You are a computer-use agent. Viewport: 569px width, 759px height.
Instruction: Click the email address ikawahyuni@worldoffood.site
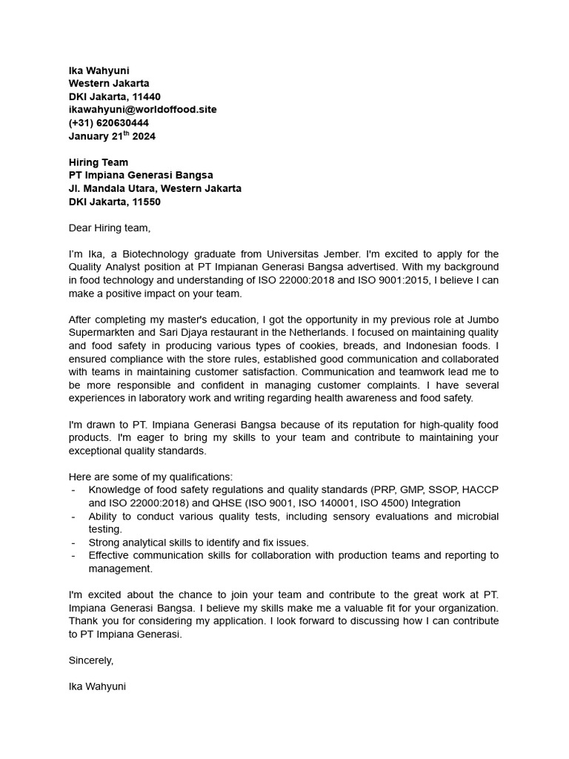[142, 110]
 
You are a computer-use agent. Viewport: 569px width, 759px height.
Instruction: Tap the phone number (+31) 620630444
[108, 123]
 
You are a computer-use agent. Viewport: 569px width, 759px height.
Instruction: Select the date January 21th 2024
[112, 136]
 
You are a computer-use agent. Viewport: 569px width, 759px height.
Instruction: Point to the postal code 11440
[146, 96]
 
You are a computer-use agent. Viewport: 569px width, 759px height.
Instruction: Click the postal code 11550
[146, 202]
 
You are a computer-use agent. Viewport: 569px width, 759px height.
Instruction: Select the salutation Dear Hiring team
[109, 228]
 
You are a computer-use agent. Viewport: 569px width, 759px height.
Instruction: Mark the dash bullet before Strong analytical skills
[73, 543]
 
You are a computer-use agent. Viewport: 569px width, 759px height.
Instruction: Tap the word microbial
[475, 516]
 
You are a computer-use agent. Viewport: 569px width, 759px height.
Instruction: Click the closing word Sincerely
[90, 660]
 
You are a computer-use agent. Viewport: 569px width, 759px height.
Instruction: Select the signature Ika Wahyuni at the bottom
[97, 686]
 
